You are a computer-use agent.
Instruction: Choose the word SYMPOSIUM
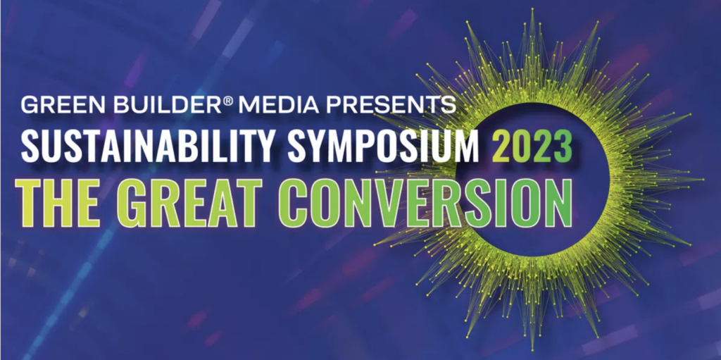pos(384,147)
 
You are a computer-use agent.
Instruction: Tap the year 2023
pos(532,147)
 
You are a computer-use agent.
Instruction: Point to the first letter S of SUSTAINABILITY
pos(30,147)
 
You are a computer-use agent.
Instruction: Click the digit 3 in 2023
pos(563,147)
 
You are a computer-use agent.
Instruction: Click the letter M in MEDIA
pos(247,106)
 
